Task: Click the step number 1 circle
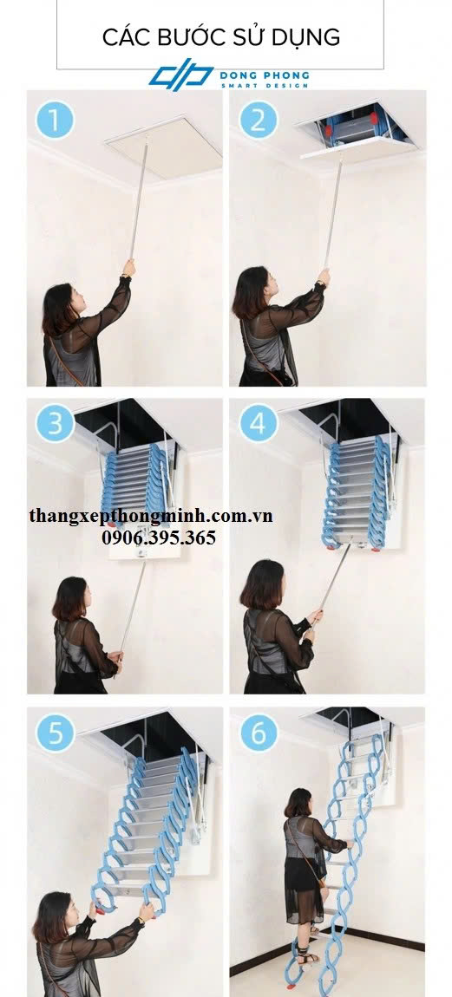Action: point(55,120)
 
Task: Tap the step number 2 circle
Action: point(259,120)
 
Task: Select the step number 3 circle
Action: point(55,423)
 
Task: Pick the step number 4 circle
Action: point(259,423)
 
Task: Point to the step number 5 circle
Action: point(55,733)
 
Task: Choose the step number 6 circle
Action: point(259,733)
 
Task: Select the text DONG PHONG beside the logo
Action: point(265,75)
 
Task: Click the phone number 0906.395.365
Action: point(159,538)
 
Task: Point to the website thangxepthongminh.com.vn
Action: point(151,515)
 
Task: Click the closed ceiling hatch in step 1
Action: point(164,148)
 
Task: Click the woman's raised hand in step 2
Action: point(324,277)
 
